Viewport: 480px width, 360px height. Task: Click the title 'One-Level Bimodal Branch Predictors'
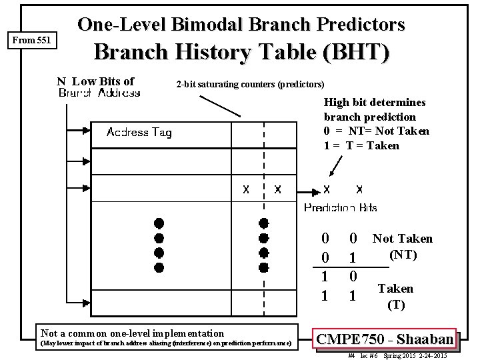(241, 25)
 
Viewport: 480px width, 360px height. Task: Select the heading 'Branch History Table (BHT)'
(241, 53)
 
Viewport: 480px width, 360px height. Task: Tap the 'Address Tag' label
(139, 133)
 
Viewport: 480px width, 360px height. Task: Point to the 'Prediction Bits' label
(340, 208)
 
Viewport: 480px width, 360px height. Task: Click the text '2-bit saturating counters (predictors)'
(250, 85)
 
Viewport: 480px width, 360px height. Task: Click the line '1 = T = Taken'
(361, 145)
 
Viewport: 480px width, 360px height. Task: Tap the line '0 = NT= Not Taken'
(377, 131)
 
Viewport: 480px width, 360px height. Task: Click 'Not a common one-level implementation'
(132, 333)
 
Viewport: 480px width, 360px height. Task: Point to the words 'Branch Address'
(99, 93)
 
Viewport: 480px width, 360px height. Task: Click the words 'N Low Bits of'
(95, 81)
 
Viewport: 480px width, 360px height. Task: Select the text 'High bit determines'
(375, 103)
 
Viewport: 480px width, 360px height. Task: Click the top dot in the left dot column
(159, 223)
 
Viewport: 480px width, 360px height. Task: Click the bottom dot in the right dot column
(263, 268)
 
